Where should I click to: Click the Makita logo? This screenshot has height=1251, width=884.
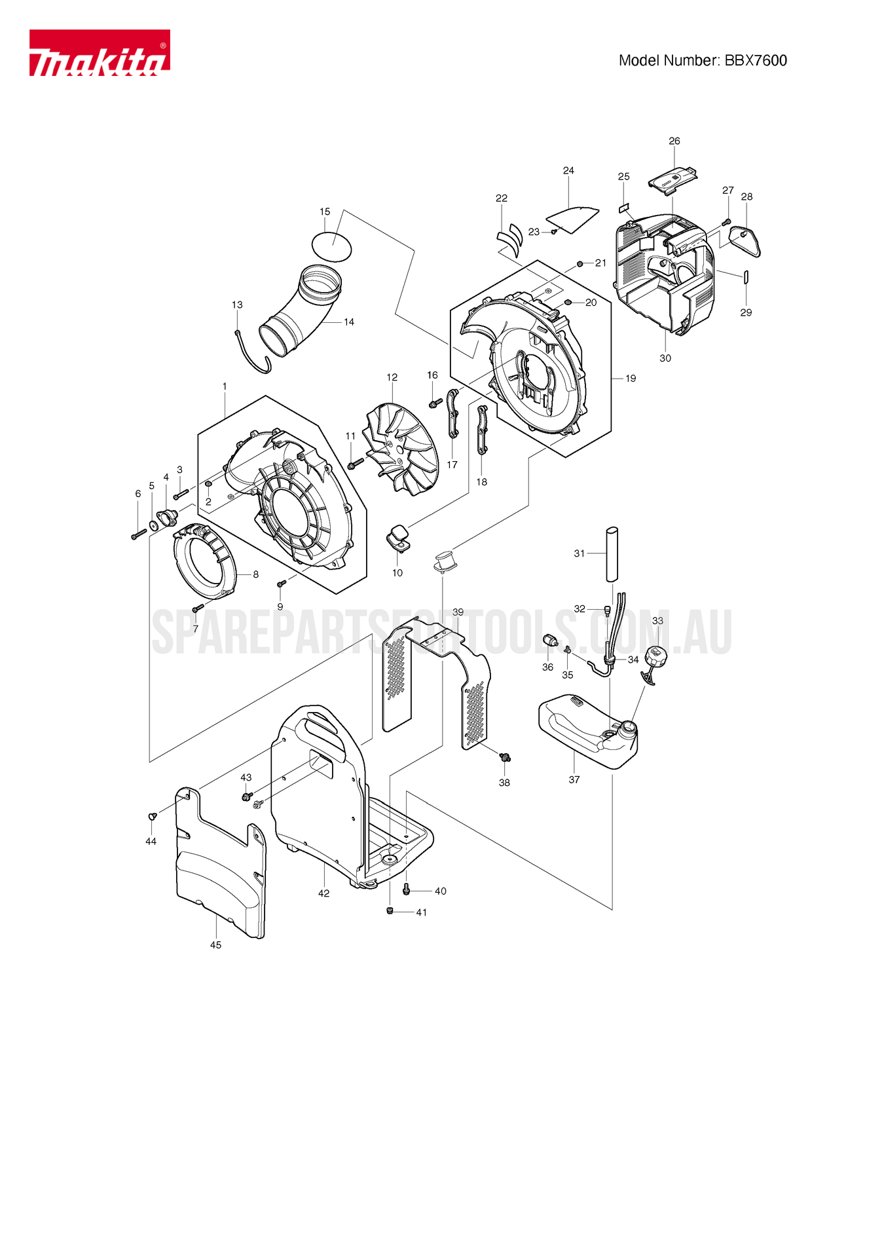99,53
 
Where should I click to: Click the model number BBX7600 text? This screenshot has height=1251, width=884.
703,61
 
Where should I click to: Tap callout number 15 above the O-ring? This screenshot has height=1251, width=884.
325,212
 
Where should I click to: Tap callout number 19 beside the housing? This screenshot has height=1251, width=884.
631,379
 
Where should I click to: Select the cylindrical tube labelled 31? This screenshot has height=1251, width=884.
612,553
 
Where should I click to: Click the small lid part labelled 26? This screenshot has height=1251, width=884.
672,179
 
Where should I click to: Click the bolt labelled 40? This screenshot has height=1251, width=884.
406,889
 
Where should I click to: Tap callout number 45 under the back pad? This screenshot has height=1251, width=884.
215,945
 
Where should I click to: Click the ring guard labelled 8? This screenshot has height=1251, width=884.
204,561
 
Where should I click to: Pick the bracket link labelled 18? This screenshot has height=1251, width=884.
483,430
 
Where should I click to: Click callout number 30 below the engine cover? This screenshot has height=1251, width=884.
665,358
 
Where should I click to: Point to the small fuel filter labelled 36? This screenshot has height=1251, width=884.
549,641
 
